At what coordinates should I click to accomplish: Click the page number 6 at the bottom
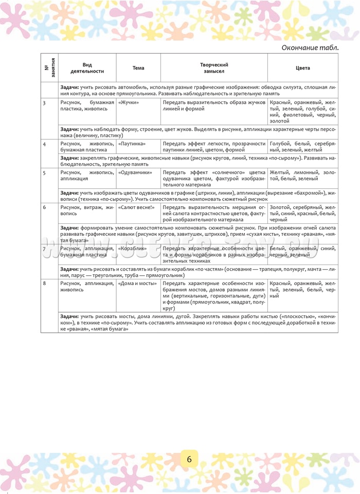[x=189, y=460]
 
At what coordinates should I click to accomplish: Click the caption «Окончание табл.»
[x=310, y=48]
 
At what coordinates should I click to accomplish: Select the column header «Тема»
[x=138, y=68]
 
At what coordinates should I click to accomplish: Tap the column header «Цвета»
[x=303, y=68]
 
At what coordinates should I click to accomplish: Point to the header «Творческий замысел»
[x=214, y=68]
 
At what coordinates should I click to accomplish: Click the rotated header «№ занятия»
[x=50, y=68]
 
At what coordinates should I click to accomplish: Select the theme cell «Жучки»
[x=129, y=103]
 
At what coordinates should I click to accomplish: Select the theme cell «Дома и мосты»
[x=136, y=284]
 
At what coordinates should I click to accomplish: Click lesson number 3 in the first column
[x=45, y=103]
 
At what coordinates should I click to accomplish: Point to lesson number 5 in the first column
[x=45, y=173]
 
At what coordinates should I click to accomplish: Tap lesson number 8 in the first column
[x=45, y=284]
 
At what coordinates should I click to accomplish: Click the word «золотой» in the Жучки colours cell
[x=280, y=121]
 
